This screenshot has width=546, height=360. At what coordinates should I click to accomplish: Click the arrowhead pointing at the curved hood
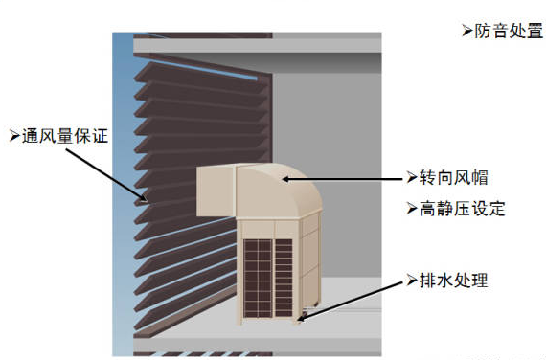pyautogui.click(x=286, y=179)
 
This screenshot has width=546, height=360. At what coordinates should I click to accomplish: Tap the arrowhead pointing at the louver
pyautogui.click(x=143, y=198)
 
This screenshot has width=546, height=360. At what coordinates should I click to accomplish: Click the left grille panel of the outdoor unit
pyautogui.click(x=258, y=279)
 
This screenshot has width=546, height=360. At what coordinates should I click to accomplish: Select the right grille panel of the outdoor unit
pyautogui.click(x=284, y=278)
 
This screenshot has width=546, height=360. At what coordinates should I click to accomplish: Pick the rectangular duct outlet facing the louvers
pyautogui.click(x=216, y=191)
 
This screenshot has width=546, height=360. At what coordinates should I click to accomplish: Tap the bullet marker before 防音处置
pyautogui.click(x=467, y=31)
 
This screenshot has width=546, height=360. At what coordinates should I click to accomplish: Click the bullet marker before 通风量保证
pyautogui.click(x=14, y=136)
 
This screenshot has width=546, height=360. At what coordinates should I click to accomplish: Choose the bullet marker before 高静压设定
pyautogui.click(x=412, y=209)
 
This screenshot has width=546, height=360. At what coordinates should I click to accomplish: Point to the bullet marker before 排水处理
pyautogui.click(x=412, y=281)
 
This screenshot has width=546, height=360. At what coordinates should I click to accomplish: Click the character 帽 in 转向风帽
pyautogui.click(x=480, y=177)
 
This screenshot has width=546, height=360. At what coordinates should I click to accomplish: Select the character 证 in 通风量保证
pyautogui.click(x=101, y=136)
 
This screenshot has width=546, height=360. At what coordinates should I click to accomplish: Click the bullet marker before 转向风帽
pyautogui.click(x=412, y=177)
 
